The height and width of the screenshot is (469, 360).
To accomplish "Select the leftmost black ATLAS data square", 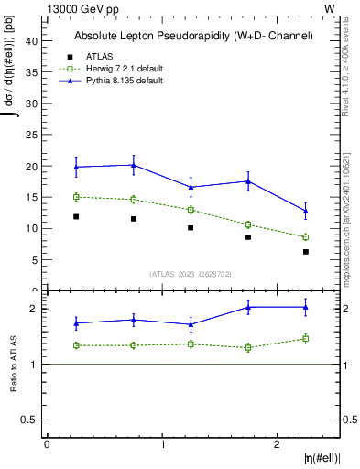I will [x=76, y=217].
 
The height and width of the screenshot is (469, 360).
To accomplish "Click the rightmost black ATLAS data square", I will [x=306, y=252].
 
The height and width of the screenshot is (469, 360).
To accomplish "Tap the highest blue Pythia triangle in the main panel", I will [x=134, y=165].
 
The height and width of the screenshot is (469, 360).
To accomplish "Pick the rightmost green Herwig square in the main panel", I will [x=306, y=237].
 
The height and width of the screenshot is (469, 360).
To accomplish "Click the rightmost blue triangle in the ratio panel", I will [x=306, y=307].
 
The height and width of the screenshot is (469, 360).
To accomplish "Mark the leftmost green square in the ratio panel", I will [x=76, y=345].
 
